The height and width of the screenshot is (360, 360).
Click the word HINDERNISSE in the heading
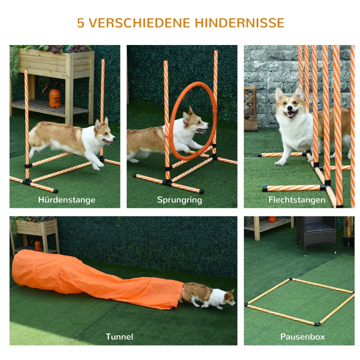tap(239, 23)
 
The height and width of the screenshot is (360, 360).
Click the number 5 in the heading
tap(81, 23)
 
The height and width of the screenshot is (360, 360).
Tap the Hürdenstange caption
tap(67, 200)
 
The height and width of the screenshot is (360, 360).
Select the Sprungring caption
tap(180, 200)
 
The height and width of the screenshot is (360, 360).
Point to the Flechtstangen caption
tap(297, 200)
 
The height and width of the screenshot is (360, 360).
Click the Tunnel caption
tap(119, 337)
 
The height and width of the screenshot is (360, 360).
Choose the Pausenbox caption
tap(302, 337)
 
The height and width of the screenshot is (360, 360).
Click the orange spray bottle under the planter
tap(54, 96)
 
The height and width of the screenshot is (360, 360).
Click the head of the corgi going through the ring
tap(194, 122)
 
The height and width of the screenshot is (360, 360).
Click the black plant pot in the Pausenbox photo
tap(348, 240)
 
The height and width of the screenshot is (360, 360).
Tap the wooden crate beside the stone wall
tap(251, 108)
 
